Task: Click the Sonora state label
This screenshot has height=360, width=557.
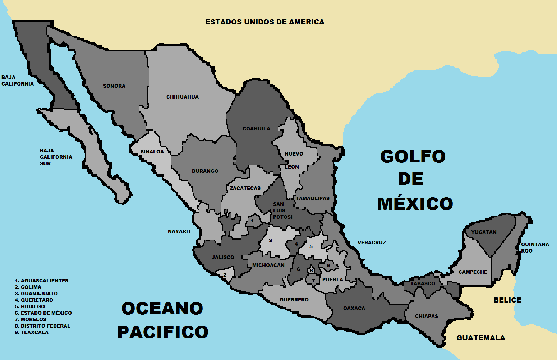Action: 114,86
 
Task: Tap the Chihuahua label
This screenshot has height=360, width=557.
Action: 183,97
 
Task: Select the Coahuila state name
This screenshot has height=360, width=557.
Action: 256,129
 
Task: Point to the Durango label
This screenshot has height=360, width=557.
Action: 205,171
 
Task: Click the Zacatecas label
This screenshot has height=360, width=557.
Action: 245,188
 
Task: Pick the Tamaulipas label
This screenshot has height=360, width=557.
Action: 313,198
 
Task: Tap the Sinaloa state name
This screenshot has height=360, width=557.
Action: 152,152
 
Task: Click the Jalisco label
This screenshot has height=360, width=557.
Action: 223,257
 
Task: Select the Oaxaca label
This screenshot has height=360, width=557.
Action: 354,308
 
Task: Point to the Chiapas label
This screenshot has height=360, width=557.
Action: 427,316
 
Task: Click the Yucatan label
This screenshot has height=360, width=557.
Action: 484,232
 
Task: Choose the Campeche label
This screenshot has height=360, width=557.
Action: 473,272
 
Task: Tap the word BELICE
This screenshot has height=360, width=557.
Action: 507,300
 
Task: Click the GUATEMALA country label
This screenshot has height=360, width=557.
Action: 481,338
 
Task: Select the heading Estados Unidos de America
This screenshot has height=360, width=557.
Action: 265,22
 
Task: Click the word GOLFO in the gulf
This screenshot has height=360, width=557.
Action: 413,157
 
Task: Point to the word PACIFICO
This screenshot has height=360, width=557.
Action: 163,332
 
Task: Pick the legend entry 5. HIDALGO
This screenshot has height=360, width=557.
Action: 30,306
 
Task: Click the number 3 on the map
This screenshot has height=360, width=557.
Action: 270,240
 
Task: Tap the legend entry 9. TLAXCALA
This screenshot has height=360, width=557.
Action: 32,332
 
